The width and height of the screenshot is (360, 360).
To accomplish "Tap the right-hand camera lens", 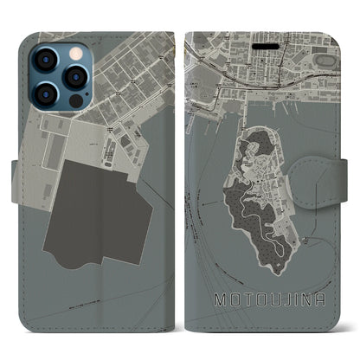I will coord(75,76).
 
